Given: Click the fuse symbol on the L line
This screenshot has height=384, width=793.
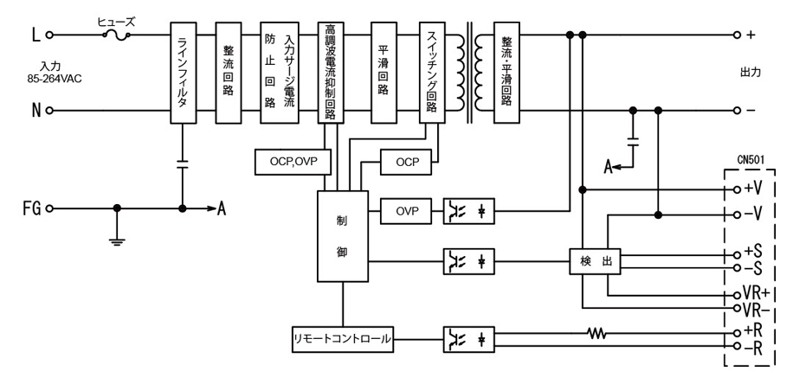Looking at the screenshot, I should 118,35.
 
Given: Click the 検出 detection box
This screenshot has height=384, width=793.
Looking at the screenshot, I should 595,262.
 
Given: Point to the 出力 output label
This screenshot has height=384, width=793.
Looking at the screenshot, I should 750,72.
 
